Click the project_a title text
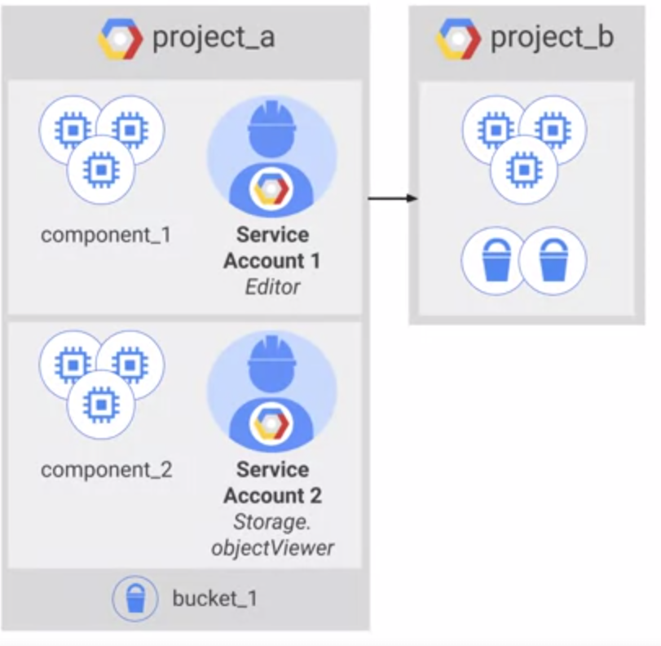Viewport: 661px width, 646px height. (213, 38)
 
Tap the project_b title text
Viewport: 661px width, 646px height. (552, 38)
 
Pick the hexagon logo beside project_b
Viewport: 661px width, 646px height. (458, 38)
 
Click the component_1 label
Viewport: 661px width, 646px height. (106, 236)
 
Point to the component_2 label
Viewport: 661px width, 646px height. (106, 470)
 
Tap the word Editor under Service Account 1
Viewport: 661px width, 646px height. (272, 287)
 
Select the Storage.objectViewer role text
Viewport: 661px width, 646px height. (272, 534)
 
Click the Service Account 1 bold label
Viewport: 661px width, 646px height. (272, 248)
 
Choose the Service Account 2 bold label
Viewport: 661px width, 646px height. (272, 483)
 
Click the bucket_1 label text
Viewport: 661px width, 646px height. (214, 598)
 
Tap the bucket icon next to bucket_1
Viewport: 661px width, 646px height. (134, 599)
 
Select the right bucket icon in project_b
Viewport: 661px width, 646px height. (553, 262)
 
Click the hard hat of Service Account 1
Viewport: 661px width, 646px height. (271, 122)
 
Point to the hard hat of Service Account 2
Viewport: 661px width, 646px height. (271, 356)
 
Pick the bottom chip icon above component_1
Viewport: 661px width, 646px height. (100, 169)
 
